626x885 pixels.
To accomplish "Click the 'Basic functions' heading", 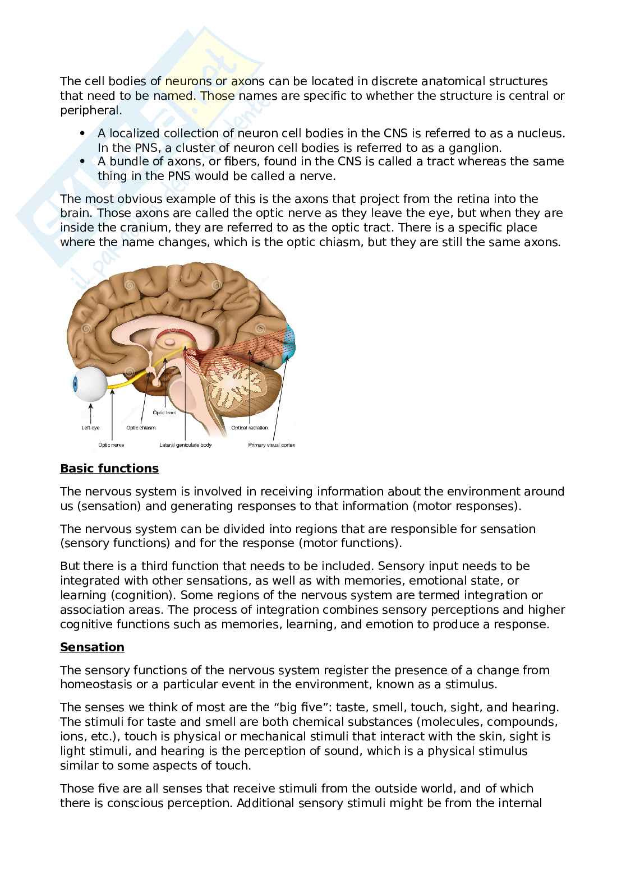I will coord(109,469).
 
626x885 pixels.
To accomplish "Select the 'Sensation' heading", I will coord(92,647).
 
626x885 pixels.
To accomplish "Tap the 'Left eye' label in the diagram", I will coord(91,428).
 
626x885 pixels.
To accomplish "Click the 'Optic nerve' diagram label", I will coord(111,445).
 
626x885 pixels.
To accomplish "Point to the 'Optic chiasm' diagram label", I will coord(141,428).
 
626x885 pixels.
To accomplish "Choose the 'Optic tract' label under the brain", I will coord(165,413).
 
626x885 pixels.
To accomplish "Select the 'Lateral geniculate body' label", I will coord(186,445).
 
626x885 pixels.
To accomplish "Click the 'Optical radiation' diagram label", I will coord(250,428).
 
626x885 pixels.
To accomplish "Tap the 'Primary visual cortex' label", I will coord(271,445).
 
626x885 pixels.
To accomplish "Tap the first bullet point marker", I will coord(82,133).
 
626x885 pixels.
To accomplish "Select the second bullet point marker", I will coord(82,161).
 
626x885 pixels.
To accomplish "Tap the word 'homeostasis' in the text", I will coord(96,684).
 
